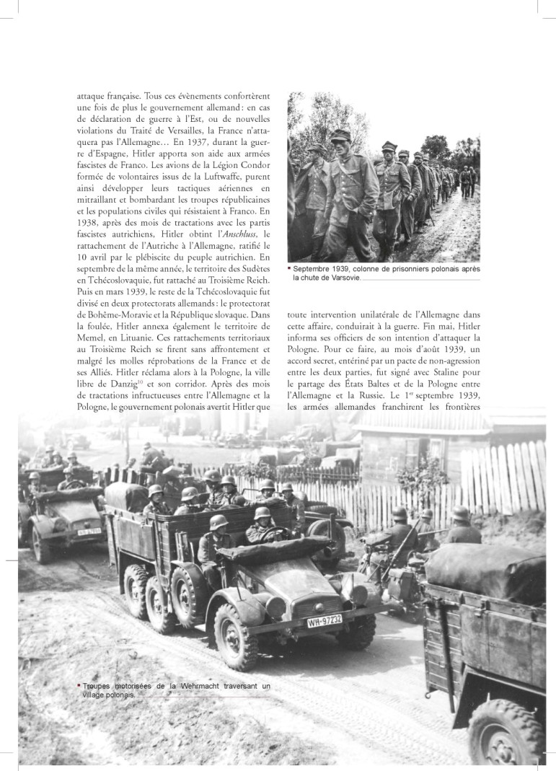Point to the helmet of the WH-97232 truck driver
tap(262, 514)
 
